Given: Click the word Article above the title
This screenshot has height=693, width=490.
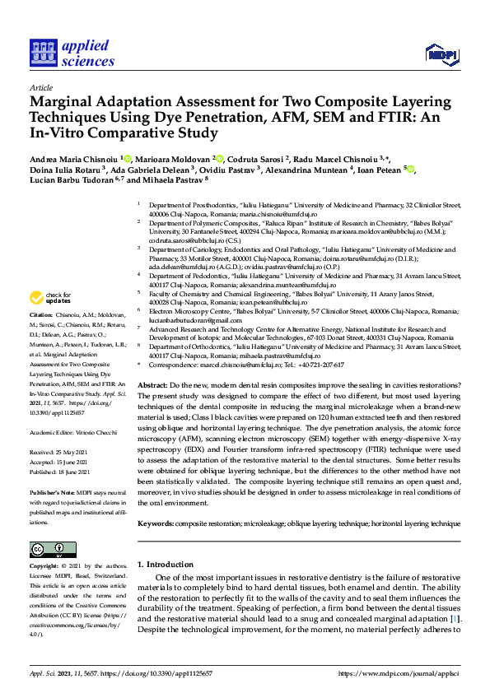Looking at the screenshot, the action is [40, 87].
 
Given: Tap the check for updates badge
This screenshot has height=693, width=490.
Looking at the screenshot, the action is [51, 297].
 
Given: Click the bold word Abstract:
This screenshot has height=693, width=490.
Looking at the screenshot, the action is [152, 385].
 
